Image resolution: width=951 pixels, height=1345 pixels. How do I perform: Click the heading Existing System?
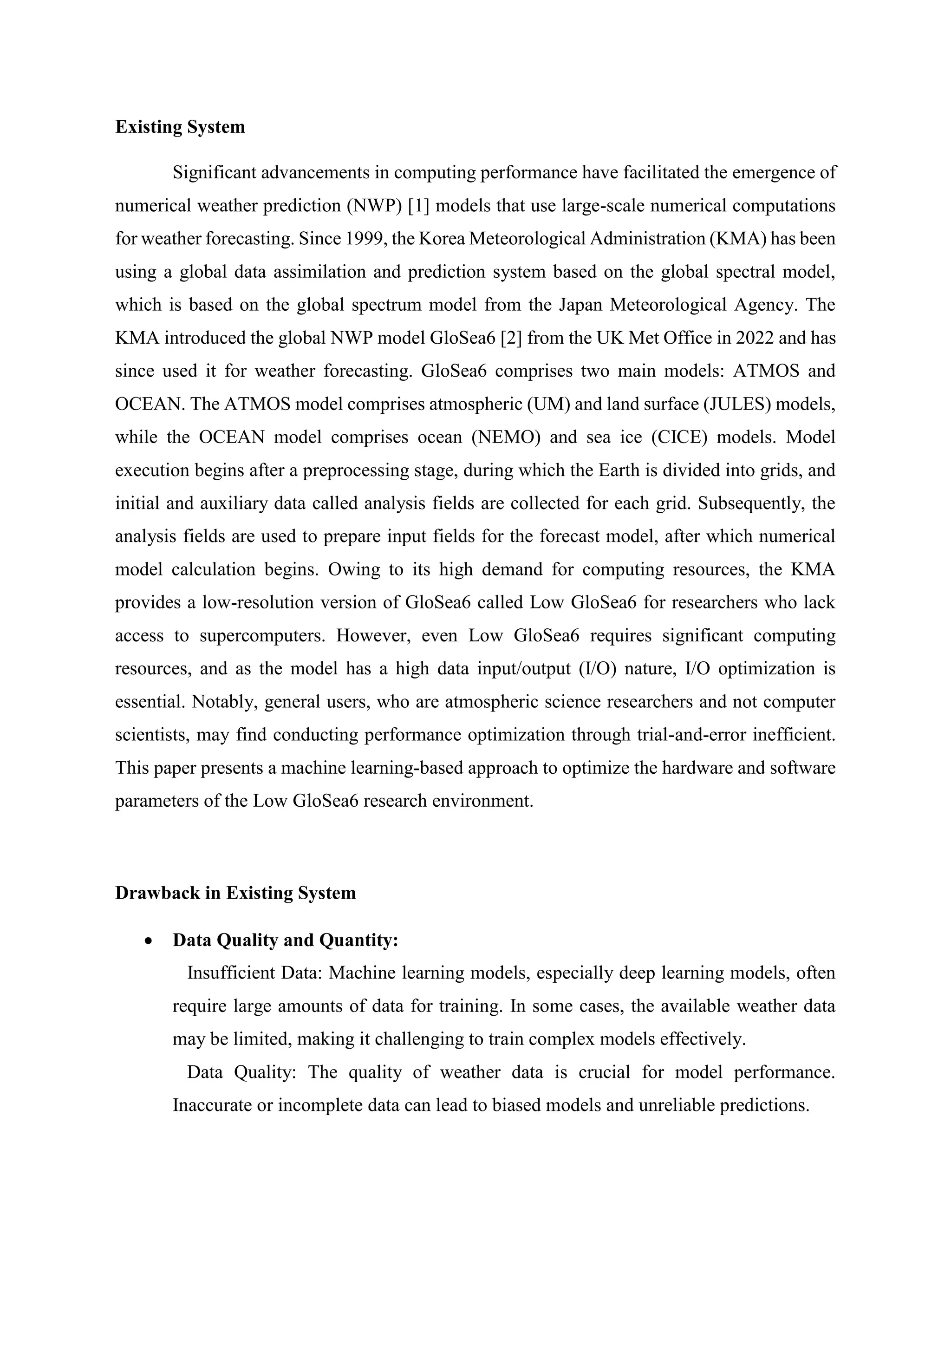click(x=180, y=127)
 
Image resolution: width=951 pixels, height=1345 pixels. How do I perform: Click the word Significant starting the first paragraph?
click(x=214, y=173)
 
